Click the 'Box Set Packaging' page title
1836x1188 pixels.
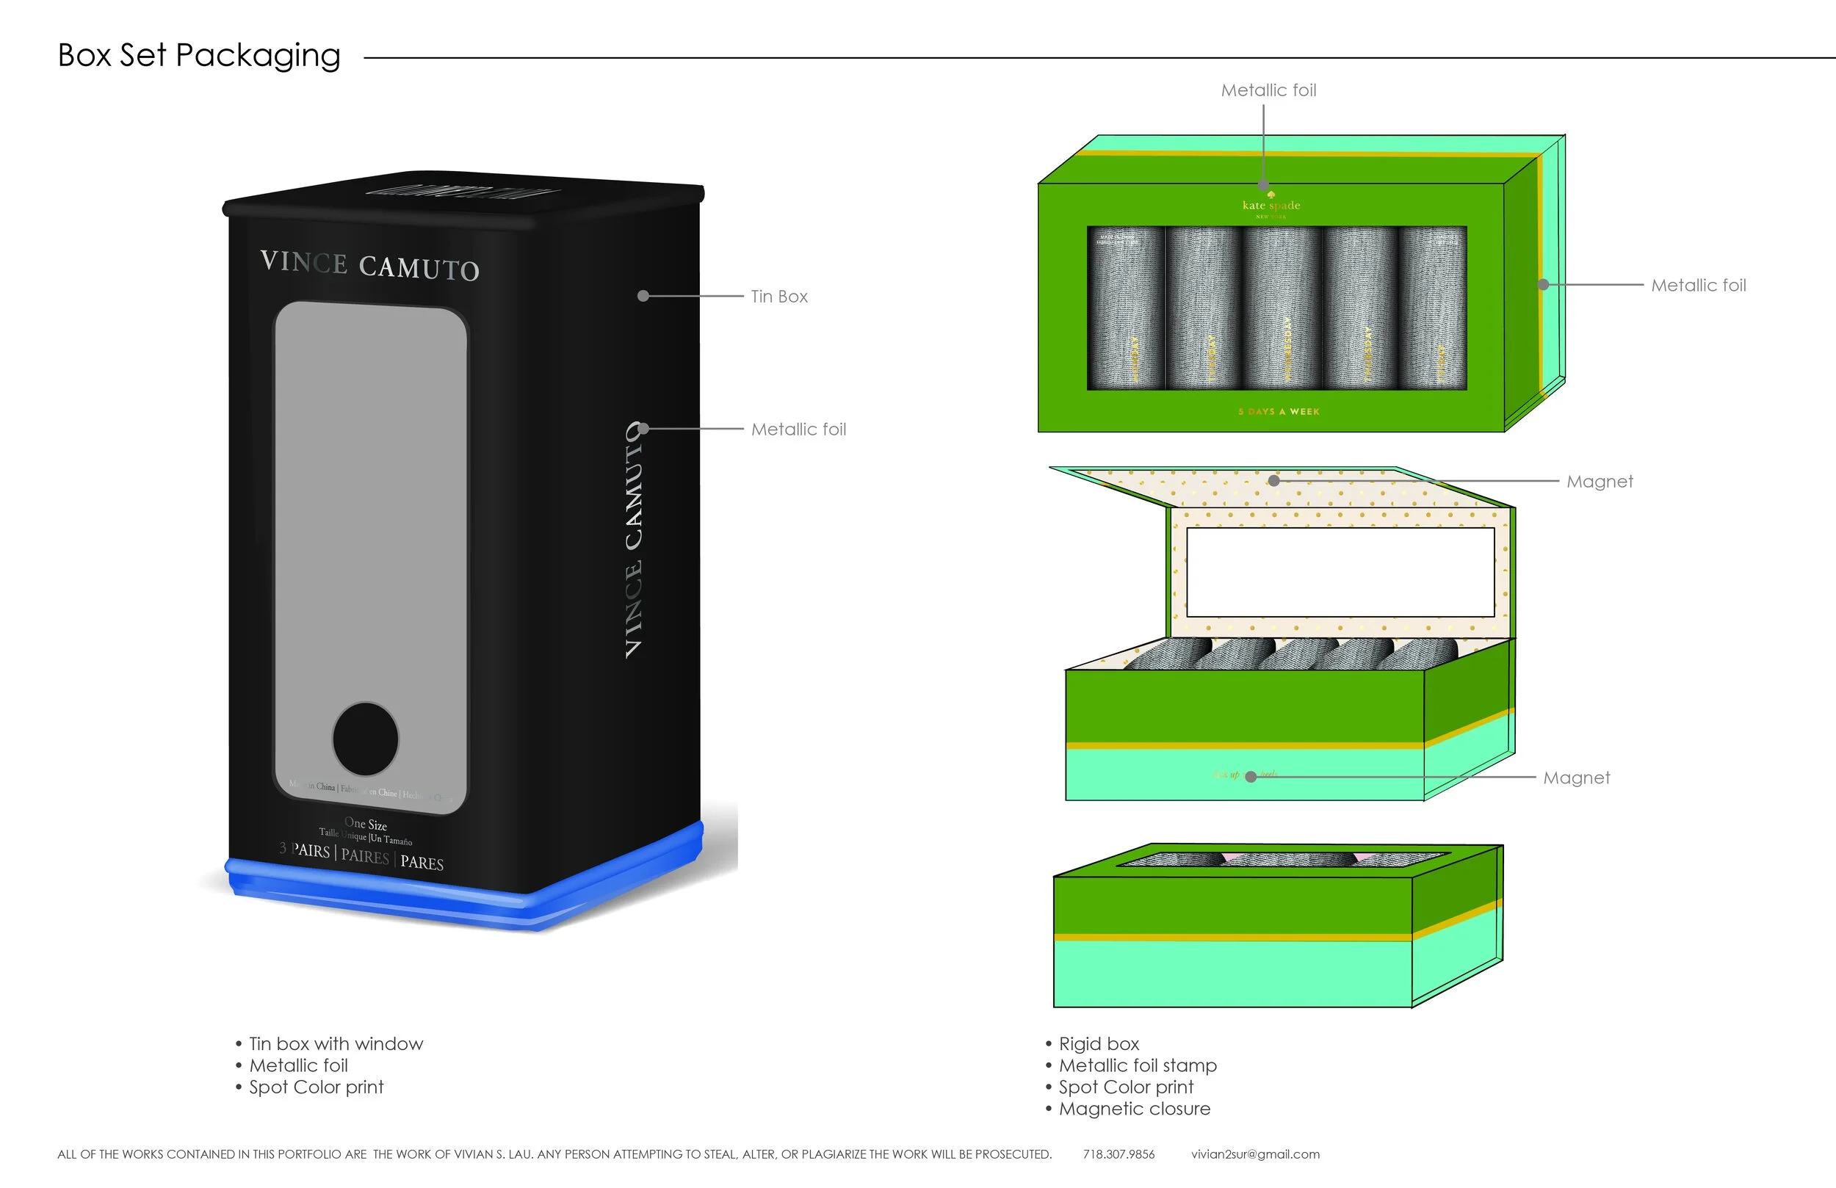(x=199, y=56)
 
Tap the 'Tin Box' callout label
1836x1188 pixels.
(x=779, y=297)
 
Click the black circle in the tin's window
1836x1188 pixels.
(x=366, y=738)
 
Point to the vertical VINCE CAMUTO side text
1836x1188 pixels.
(x=634, y=540)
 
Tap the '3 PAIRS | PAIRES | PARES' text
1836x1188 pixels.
(x=362, y=855)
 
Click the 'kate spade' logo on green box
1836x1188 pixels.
(x=1271, y=205)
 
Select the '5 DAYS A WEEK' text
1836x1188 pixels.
(x=1279, y=412)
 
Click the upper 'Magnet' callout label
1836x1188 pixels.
(x=1600, y=482)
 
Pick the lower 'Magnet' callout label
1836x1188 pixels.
(x=1576, y=778)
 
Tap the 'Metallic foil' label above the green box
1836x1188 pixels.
(x=1268, y=90)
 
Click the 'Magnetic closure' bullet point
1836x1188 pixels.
(x=1134, y=1109)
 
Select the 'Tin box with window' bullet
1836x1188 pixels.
(x=336, y=1044)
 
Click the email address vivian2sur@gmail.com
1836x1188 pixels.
(x=1255, y=1154)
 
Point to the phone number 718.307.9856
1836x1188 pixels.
(x=1118, y=1154)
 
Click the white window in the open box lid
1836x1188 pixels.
(x=1340, y=572)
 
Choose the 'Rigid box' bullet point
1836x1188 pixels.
(x=1099, y=1044)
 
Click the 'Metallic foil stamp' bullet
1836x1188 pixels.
(x=1137, y=1065)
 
